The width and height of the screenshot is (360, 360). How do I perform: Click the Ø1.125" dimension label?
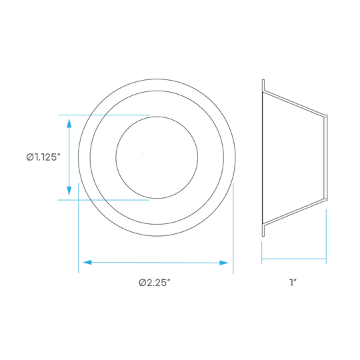pos(43,157)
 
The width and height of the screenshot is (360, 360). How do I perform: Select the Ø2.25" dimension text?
pos(155,283)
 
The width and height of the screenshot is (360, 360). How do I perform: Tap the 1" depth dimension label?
pos(293,283)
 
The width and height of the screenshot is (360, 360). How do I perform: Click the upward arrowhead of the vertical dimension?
pos(69,123)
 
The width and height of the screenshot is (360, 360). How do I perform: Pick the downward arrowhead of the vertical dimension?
pos(69,191)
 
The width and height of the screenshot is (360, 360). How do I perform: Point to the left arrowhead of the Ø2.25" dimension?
pos(87,262)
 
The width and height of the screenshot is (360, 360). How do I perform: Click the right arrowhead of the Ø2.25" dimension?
pos(224,263)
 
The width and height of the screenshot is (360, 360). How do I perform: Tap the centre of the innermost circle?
pos(157,157)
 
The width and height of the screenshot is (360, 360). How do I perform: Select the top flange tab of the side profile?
pos(263,85)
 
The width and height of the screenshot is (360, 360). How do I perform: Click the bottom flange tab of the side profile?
pos(263,230)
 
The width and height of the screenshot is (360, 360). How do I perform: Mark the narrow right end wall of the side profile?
pos(325,158)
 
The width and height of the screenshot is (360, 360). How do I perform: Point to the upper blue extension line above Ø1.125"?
pos(103,115)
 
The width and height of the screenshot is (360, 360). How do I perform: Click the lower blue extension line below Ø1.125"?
pos(103,200)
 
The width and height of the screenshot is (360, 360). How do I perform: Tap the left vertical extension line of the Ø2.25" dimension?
pos(79,228)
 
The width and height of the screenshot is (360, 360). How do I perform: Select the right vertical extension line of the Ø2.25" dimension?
pos(233,229)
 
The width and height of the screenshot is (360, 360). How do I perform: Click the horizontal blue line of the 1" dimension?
pos(294,259)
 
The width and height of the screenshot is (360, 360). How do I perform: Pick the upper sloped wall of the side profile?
pos(294,103)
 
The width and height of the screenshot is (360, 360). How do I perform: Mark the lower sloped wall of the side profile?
pos(294,212)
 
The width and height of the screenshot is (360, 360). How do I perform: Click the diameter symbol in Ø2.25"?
pos(142,283)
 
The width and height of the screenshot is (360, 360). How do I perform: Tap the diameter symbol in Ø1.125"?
pos(30,157)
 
